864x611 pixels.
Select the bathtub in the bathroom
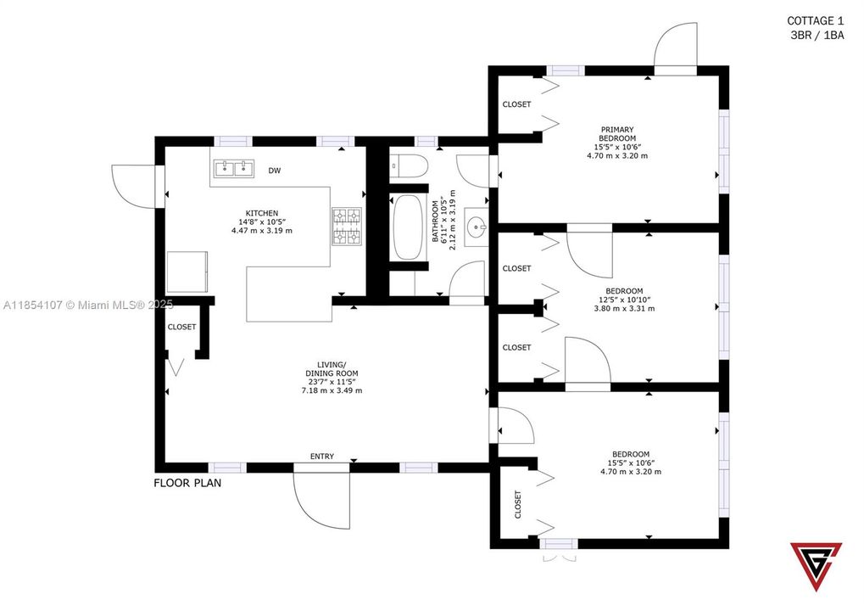tap(406, 227)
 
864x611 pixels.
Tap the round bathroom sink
tap(477, 227)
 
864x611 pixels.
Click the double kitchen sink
tap(233, 168)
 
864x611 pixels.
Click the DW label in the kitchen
tap(274, 171)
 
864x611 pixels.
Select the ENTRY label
tap(321, 457)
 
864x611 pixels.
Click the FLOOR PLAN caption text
tap(187, 483)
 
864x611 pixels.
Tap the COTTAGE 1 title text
tap(815, 20)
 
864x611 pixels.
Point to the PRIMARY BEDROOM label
tap(616, 134)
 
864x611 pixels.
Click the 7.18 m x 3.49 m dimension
tap(332, 390)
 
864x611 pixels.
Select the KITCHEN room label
tap(261, 213)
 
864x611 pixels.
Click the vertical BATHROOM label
tap(436, 222)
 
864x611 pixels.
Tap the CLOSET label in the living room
tap(181, 327)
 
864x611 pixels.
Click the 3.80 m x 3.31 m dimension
tap(624, 308)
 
